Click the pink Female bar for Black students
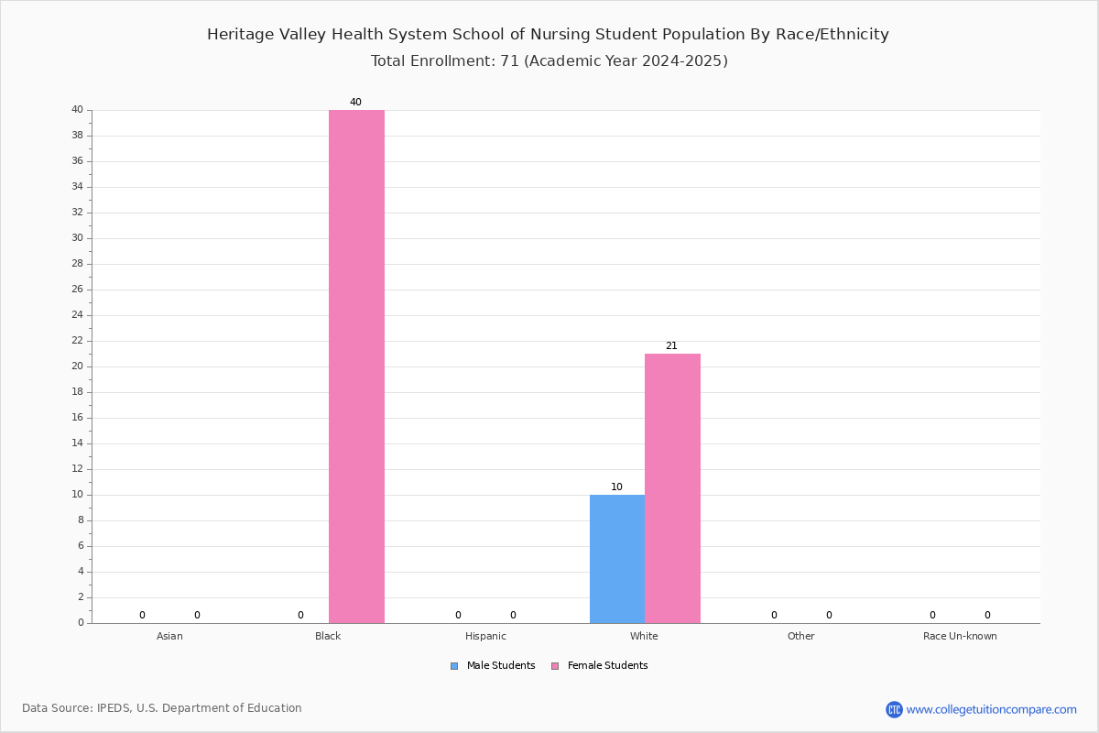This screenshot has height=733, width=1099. (356, 366)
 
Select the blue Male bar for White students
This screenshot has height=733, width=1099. (617, 559)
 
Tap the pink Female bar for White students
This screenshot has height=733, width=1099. (672, 488)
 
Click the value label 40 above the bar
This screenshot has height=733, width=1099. (355, 102)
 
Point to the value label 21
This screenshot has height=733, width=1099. (671, 346)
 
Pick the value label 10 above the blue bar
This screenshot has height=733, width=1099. (616, 487)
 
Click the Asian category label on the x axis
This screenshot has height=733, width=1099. (169, 636)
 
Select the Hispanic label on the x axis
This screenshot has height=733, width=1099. (485, 636)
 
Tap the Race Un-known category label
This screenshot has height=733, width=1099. (960, 636)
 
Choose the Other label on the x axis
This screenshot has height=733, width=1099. (801, 636)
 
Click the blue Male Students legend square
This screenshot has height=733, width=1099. (454, 666)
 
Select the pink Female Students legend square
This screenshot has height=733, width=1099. (555, 666)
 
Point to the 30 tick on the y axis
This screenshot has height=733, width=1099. (78, 238)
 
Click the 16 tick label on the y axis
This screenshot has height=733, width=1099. (78, 418)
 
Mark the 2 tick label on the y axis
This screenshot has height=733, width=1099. (81, 597)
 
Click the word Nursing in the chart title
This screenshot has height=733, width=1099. (560, 35)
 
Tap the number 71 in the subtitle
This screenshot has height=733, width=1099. (510, 60)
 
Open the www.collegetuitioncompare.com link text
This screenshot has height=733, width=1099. (992, 710)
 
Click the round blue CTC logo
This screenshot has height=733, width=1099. (894, 710)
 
